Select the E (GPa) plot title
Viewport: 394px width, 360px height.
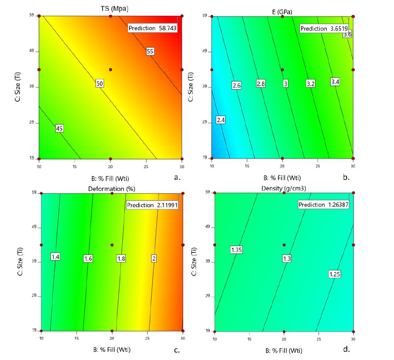tap(282, 12)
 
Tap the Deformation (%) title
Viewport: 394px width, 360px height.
tap(112, 189)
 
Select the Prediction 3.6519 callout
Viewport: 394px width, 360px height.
tap(324, 29)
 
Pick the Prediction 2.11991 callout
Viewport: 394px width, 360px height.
tap(152, 205)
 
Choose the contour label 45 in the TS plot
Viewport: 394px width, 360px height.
tap(59, 129)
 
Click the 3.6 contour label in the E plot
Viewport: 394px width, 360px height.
tap(347, 35)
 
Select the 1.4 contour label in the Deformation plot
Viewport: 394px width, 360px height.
tap(56, 257)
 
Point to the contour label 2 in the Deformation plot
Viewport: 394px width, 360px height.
tap(153, 258)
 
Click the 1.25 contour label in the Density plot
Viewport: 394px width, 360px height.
tap(335, 274)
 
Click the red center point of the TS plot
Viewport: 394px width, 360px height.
tap(110, 69)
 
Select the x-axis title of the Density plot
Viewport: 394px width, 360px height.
tap(283, 351)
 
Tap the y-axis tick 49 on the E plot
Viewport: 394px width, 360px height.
tap(204, 52)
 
